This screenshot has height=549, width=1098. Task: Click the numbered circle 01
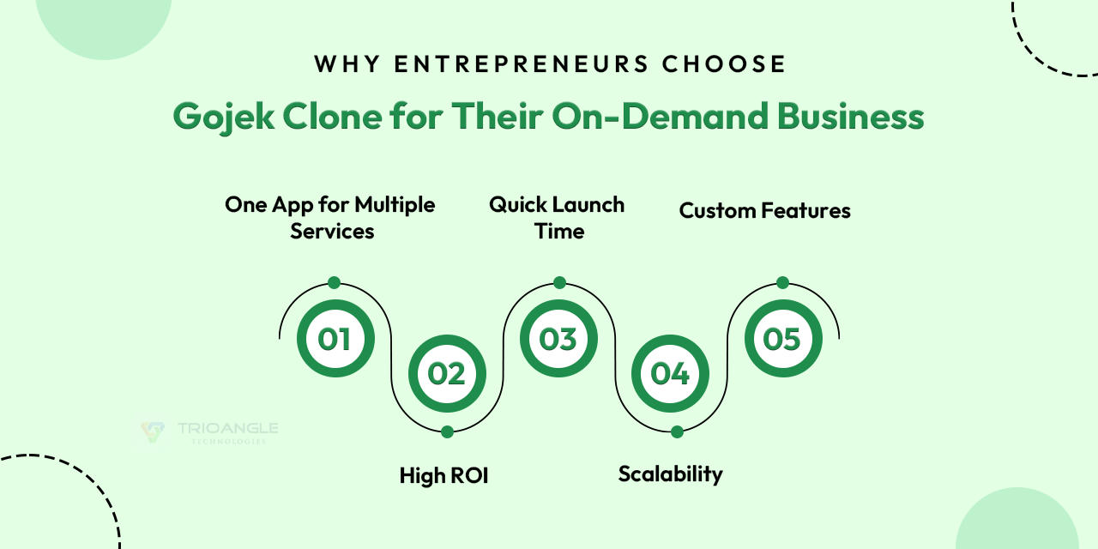(335, 339)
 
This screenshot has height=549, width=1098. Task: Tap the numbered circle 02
(447, 373)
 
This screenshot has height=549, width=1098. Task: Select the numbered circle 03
(558, 339)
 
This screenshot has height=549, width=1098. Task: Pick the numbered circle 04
(670, 373)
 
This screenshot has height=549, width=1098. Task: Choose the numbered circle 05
(782, 339)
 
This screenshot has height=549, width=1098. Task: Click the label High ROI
(443, 475)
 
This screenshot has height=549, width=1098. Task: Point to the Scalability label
(670, 474)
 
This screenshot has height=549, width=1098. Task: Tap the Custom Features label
(764, 210)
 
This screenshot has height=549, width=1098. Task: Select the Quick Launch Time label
(558, 218)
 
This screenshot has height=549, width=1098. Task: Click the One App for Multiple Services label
(331, 218)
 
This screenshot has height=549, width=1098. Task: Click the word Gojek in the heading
(219, 117)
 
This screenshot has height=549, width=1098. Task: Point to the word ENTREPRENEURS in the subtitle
(511, 64)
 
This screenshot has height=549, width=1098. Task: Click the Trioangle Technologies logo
(210, 431)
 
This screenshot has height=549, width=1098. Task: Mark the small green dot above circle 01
(335, 282)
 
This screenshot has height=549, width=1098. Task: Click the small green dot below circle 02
(447, 431)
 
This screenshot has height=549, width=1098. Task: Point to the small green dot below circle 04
(677, 431)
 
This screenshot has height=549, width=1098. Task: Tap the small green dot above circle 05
(782, 282)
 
